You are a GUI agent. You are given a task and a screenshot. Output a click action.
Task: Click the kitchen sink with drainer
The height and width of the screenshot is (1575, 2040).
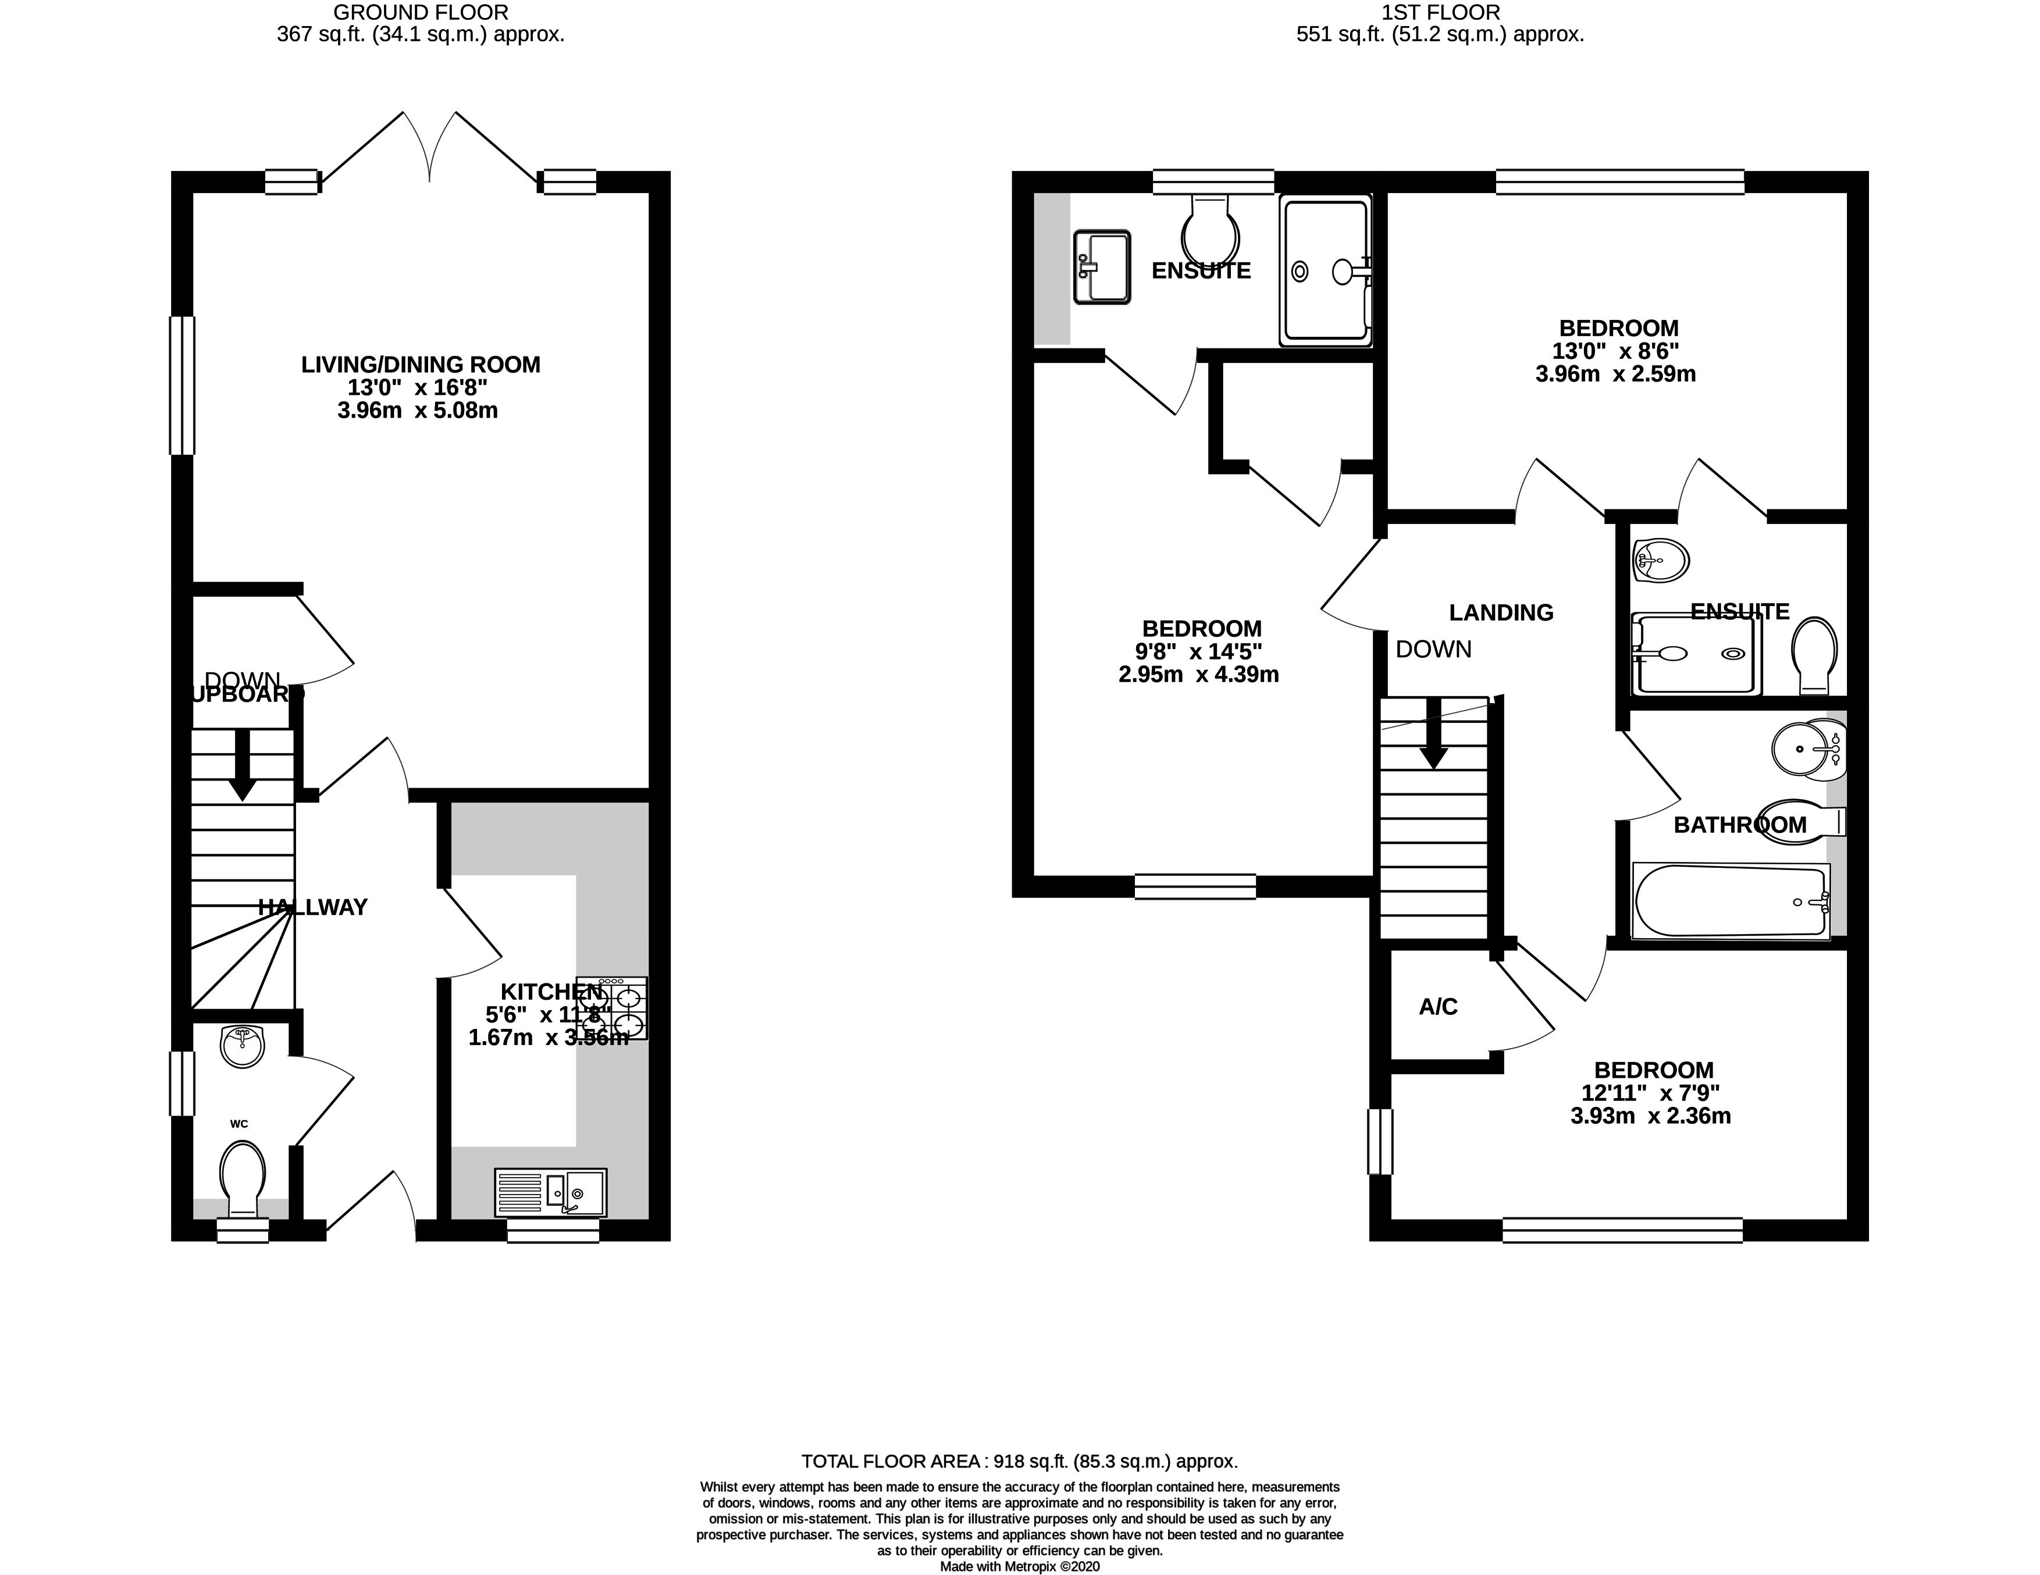550,1193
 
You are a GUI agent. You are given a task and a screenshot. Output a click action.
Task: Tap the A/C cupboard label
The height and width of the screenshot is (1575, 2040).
1437,1007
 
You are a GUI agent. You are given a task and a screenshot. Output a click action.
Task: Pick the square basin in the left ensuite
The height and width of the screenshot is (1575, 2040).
1102,267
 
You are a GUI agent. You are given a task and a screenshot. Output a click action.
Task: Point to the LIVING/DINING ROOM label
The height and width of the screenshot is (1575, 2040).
421,364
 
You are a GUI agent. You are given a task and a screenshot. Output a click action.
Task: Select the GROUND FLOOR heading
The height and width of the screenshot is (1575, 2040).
421,13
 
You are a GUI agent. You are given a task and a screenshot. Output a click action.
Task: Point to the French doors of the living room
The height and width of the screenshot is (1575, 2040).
430,149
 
